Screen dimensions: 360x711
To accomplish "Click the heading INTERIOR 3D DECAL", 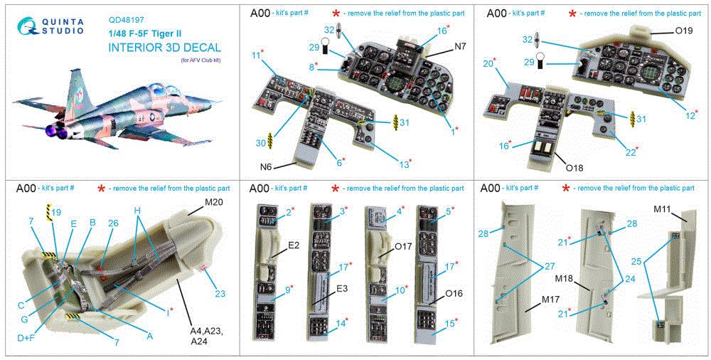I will (164, 48).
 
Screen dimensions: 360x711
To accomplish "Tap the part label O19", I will (683, 31).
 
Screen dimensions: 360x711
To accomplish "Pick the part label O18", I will (571, 169).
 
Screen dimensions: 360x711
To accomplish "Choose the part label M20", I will (214, 203).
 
